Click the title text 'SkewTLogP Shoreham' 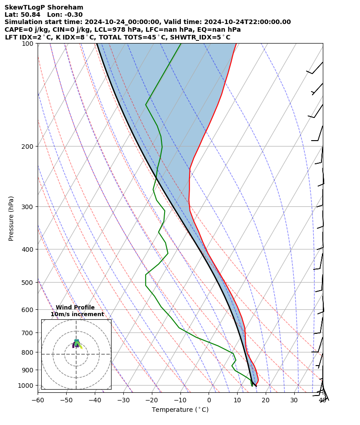point(44,7)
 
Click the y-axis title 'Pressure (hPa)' point(11,218)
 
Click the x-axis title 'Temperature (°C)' point(180,410)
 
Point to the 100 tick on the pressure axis point(28,44)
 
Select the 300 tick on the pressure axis point(28,207)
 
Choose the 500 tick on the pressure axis point(28,283)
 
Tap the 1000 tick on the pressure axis point(26,386)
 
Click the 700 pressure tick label point(28,333)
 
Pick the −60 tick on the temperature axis point(38,400)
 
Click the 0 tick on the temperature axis point(209,400)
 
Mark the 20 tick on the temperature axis point(266,400)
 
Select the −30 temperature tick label point(123,400)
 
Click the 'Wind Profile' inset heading point(75,308)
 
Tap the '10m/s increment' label point(77,314)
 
